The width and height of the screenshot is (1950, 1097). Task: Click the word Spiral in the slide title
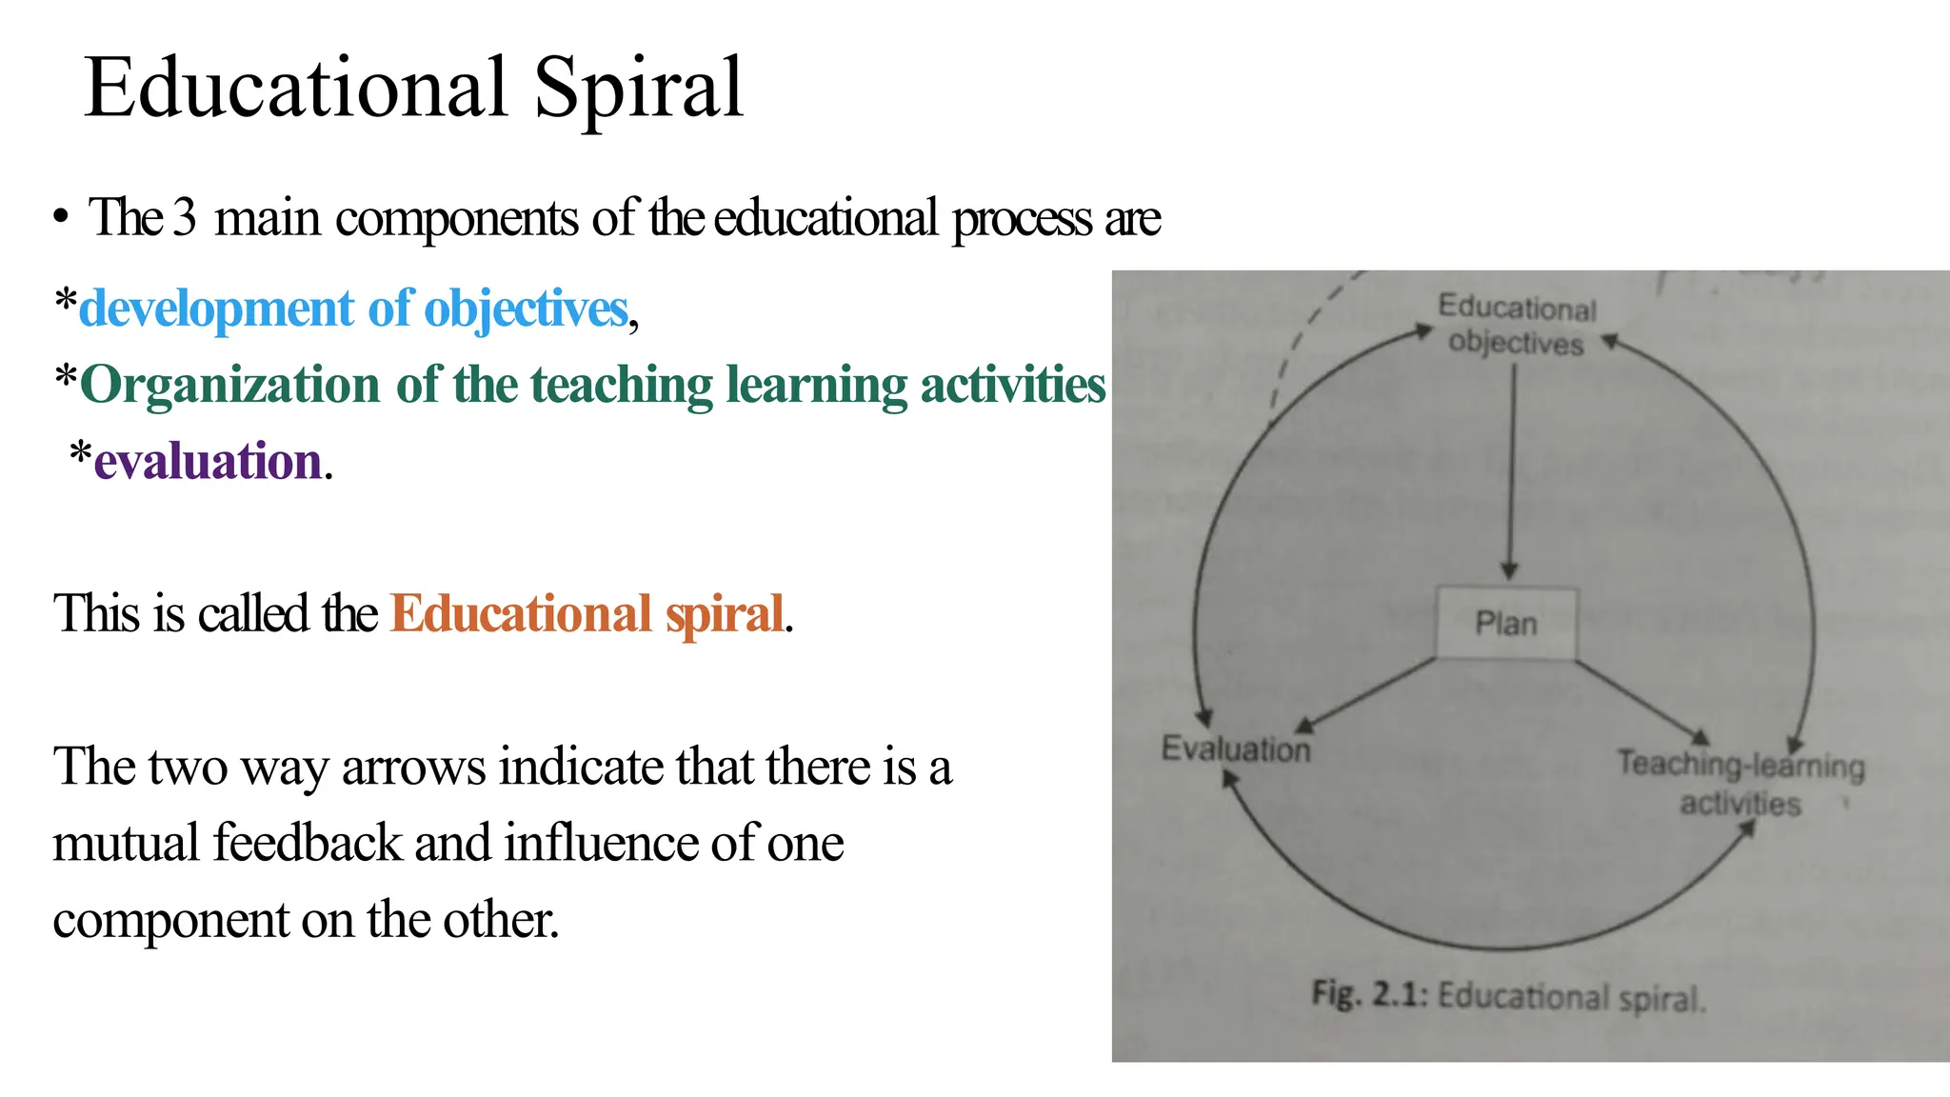tap(638, 88)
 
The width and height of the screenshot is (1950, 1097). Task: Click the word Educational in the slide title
tap(296, 88)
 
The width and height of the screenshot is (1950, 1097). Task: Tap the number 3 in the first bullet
tap(185, 217)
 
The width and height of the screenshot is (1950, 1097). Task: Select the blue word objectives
tap(526, 309)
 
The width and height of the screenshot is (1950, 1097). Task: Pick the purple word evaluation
tap(208, 461)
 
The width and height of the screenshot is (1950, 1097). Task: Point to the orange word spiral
tap(725, 613)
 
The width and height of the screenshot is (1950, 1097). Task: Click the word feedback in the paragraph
tap(308, 843)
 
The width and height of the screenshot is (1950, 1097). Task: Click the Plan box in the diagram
tap(1505, 624)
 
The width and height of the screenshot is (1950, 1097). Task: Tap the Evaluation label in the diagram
tap(1236, 749)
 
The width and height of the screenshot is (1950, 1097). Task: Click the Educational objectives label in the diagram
tap(1517, 325)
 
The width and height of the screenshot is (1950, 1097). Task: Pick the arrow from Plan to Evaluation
tap(1368, 695)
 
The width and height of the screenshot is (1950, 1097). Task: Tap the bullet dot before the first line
tap(61, 218)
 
